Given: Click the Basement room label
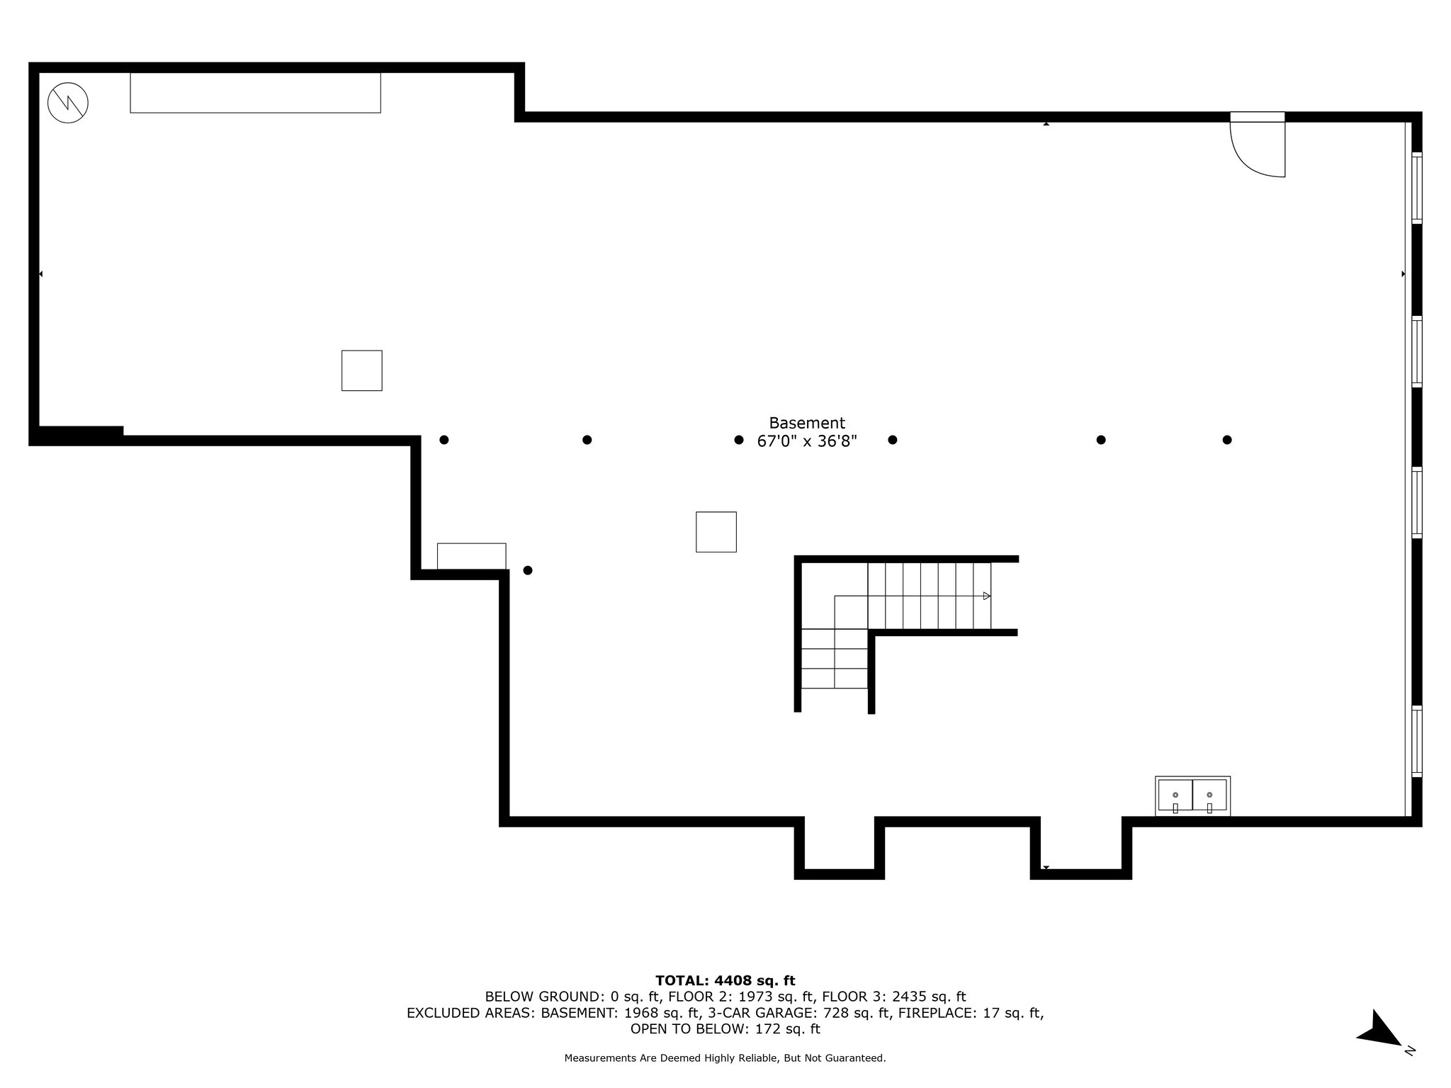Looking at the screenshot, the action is pyautogui.click(x=807, y=423).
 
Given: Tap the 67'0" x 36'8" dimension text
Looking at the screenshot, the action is pyautogui.click(x=807, y=441).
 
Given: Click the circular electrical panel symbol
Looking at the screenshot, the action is pyautogui.click(x=68, y=103).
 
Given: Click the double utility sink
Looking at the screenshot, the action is pyautogui.click(x=1192, y=795).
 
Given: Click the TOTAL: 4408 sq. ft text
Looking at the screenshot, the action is pyautogui.click(x=725, y=981).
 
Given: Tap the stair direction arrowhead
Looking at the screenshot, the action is pyautogui.click(x=987, y=596).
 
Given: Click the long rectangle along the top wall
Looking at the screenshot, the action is pyautogui.click(x=255, y=93).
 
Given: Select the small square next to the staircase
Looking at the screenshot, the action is pyautogui.click(x=716, y=532).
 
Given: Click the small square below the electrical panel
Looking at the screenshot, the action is pyautogui.click(x=362, y=370).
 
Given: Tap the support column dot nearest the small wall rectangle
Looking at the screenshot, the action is pyautogui.click(x=528, y=570).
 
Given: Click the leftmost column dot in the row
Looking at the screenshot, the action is pyautogui.click(x=444, y=440).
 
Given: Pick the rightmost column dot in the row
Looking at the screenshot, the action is pyautogui.click(x=1227, y=440).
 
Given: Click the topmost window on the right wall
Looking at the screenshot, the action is pyautogui.click(x=1416, y=188).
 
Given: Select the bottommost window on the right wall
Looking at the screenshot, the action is pyautogui.click(x=1416, y=741).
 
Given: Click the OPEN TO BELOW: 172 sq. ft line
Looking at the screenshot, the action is pyautogui.click(x=725, y=1029).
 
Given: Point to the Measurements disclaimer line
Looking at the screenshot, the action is pyautogui.click(x=725, y=1058).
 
